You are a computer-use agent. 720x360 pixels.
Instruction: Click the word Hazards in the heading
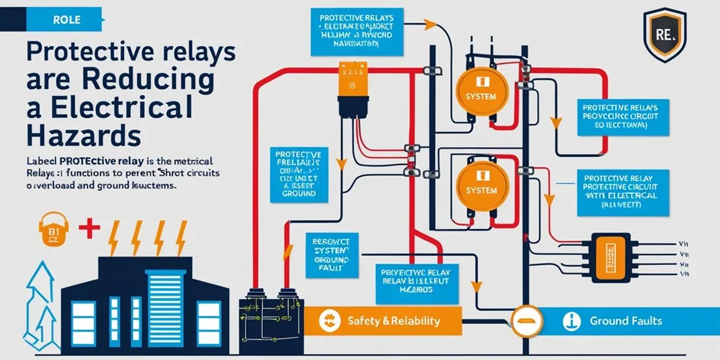coord(73,135)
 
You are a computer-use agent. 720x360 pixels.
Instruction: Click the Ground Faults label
coord(625,320)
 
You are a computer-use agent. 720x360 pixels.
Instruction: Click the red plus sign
coord(90,227)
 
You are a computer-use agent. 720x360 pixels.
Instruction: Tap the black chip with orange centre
coord(610,256)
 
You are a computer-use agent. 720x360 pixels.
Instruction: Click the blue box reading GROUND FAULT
coord(331,253)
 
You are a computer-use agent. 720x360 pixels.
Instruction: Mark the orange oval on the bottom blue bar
coord(525,316)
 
